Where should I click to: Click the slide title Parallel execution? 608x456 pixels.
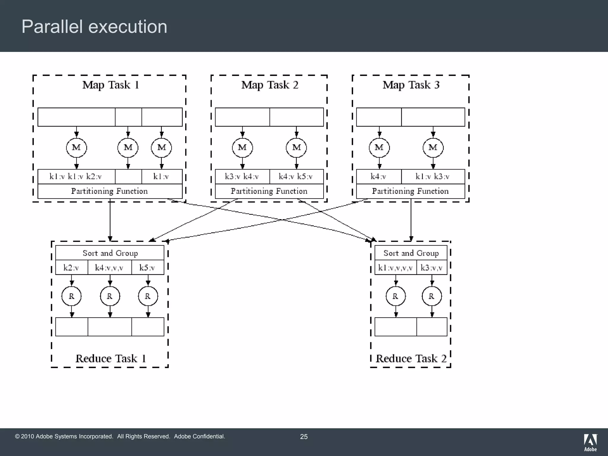pyautogui.click(x=94, y=27)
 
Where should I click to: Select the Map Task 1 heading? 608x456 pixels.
pyautogui.click(x=111, y=85)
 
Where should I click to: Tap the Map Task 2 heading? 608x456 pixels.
pyautogui.click(x=270, y=85)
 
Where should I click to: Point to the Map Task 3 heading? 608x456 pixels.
pyautogui.click(x=411, y=85)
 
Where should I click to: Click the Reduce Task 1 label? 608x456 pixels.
pyautogui.click(x=111, y=359)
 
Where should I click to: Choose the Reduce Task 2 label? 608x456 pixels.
pyautogui.click(x=411, y=359)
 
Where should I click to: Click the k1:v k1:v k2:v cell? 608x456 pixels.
pyautogui.click(x=76, y=177)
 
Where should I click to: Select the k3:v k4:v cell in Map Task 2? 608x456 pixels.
pyautogui.click(x=242, y=177)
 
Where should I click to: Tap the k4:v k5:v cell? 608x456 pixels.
pyautogui.click(x=296, y=177)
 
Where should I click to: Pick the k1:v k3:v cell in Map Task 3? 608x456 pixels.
pyautogui.click(x=433, y=177)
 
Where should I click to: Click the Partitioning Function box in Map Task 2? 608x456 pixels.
pyautogui.click(x=269, y=191)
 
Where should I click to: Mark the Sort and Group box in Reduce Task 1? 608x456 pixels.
pyautogui.click(x=110, y=253)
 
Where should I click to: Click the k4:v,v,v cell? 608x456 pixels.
pyautogui.click(x=109, y=268)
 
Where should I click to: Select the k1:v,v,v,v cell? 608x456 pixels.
pyautogui.click(x=395, y=268)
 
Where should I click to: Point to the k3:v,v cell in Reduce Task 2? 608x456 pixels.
pyautogui.click(x=432, y=268)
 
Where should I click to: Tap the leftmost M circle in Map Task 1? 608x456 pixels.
pyautogui.click(x=76, y=148)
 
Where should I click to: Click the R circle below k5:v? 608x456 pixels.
pyautogui.click(x=148, y=296)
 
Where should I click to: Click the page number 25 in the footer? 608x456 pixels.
pyautogui.click(x=304, y=437)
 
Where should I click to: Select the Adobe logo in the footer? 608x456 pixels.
pyautogui.click(x=590, y=442)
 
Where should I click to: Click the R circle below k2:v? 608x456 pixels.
pyautogui.click(x=72, y=296)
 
